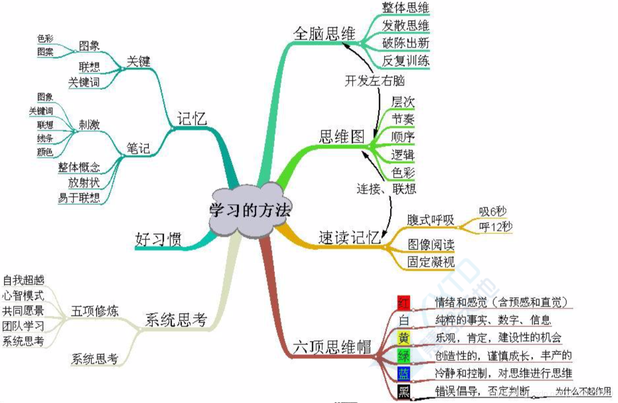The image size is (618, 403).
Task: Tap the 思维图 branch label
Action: [x=342, y=136]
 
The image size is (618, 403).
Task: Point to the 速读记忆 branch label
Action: [x=349, y=238]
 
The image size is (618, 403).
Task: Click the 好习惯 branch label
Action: [x=158, y=238]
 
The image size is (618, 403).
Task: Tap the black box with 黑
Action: [x=404, y=391]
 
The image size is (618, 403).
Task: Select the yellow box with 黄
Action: [x=404, y=338]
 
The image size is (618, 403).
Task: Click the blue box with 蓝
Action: [x=404, y=373]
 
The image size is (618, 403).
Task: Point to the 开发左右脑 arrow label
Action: [x=374, y=81]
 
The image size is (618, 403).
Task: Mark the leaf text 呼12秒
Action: [x=496, y=227]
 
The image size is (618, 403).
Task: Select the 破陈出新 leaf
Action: [x=405, y=43]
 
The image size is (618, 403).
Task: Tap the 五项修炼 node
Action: [x=95, y=311]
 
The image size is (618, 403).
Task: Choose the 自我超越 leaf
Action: [x=23, y=280]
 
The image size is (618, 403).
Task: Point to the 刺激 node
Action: [x=89, y=124]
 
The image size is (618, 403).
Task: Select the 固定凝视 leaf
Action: [x=431, y=262]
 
